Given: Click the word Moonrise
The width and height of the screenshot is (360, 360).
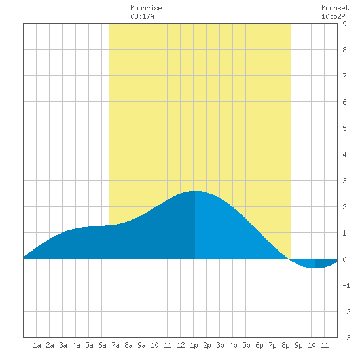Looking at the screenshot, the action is (x=146, y=8).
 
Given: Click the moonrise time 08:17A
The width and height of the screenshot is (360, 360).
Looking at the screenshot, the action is (x=142, y=16).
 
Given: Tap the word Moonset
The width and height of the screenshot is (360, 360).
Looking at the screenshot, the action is (x=335, y=8).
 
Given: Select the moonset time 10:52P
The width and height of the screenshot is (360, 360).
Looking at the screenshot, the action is (x=333, y=16).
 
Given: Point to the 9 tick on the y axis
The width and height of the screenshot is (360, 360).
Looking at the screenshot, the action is (x=344, y=24).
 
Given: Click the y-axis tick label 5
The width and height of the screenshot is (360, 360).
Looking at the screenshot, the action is (x=344, y=128).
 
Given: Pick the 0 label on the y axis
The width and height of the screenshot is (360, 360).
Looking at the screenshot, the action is (x=344, y=259).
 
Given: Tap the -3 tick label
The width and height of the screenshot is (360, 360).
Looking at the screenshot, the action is (x=346, y=338).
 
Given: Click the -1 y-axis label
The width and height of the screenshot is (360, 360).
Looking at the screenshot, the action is (x=346, y=285).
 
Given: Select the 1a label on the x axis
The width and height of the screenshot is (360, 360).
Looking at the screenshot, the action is (x=37, y=345).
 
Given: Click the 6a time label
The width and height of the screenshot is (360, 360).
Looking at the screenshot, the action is (x=102, y=345).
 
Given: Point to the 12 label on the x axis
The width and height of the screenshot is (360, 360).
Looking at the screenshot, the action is (x=181, y=345).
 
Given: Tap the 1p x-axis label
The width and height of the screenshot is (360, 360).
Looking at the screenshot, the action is (x=194, y=345).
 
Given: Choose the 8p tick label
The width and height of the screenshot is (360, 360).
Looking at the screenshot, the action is (x=285, y=345).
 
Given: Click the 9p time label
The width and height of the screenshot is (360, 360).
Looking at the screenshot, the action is (x=298, y=345).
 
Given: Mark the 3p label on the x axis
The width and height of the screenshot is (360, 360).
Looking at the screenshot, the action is (x=220, y=345).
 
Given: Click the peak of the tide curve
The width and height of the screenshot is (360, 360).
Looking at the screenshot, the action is (x=194, y=191).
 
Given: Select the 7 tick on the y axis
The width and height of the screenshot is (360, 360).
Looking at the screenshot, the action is (x=344, y=76).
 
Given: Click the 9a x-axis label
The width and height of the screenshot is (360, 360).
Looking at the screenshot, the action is (x=141, y=345).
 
